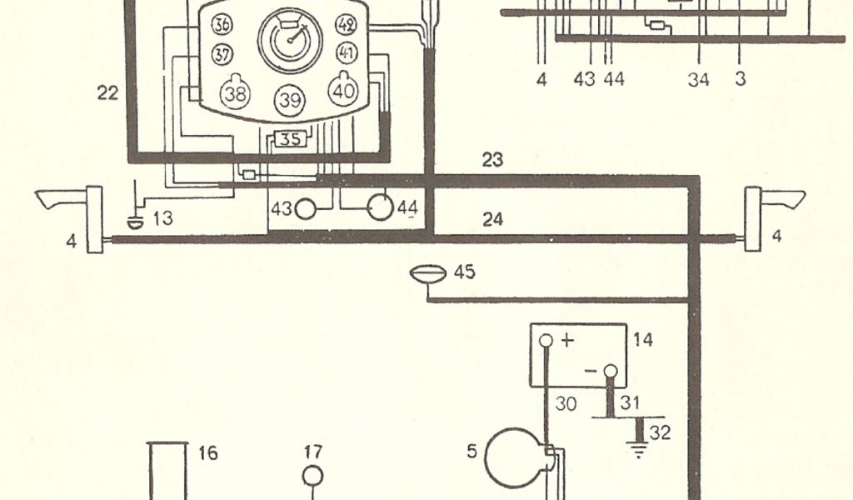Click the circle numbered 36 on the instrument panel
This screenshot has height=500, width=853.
(x=222, y=25)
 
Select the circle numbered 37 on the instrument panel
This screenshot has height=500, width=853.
(x=222, y=55)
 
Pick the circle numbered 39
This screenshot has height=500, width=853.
(x=290, y=99)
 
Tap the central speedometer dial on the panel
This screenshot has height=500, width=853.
(x=289, y=40)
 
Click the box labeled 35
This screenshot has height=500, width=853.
(x=288, y=139)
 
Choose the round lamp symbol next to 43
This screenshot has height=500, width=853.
(x=306, y=208)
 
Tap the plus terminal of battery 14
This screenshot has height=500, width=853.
(x=546, y=341)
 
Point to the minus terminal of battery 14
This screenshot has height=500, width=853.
(x=611, y=371)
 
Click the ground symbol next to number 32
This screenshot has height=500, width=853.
(x=639, y=451)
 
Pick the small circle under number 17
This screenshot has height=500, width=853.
(x=312, y=476)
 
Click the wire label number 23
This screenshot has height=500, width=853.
(x=492, y=159)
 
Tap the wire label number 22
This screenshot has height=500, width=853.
(x=107, y=93)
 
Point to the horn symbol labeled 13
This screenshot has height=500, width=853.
(x=134, y=221)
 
